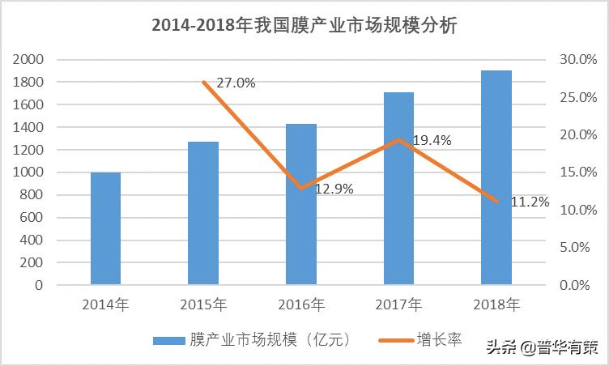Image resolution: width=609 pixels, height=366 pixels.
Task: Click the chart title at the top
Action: [x=304, y=26]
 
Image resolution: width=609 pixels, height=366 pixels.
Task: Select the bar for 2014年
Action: [x=105, y=228]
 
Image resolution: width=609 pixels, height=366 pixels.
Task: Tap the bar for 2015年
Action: [x=203, y=213]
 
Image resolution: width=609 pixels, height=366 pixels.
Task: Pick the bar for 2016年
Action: [x=301, y=204]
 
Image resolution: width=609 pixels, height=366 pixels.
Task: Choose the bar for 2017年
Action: [x=398, y=188]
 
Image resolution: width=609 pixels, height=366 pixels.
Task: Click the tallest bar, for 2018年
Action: [x=496, y=177]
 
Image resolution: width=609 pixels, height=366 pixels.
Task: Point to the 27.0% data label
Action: [x=236, y=82]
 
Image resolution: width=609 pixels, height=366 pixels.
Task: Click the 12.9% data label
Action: [x=333, y=189]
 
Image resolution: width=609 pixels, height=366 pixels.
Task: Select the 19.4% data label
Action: [x=432, y=140]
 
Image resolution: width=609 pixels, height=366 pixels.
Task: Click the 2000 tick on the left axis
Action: [x=28, y=60]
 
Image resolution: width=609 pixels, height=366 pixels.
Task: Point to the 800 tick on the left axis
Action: [x=32, y=195]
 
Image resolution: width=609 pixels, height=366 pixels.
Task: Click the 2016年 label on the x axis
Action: [x=301, y=305]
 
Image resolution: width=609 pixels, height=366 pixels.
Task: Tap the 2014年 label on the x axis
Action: [x=105, y=305]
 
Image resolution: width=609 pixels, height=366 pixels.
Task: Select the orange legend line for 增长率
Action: [x=394, y=341]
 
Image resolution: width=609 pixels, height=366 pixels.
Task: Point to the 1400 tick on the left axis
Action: [x=28, y=127]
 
